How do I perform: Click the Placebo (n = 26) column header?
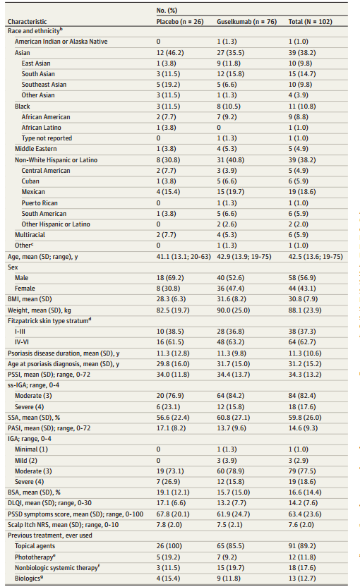click(x=180, y=22)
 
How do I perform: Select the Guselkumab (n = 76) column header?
click(x=246, y=22)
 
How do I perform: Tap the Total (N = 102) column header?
click(x=310, y=22)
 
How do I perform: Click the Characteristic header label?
click(x=28, y=22)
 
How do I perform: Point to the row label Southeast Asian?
click(x=44, y=85)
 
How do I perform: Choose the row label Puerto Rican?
click(x=40, y=203)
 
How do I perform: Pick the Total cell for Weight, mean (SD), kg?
click(x=304, y=310)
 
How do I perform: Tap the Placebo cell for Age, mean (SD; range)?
click(x=184, y=257)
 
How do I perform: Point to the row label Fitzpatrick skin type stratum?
click(x=49, y=320)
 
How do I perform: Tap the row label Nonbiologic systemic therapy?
click(x=57, y=567)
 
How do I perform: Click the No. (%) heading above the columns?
click(x=167, y=10)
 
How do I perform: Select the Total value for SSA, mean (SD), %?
click(x=305, y=418)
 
